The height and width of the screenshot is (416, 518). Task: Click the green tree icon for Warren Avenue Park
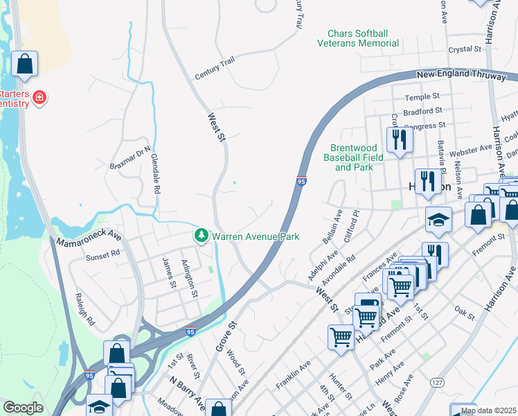[x=202, y=236]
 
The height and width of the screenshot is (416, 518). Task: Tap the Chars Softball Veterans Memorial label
[x=358, y=38]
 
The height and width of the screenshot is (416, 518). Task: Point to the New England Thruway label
[x=461, y=75]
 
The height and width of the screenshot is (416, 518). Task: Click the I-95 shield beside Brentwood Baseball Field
[x=302, y=180]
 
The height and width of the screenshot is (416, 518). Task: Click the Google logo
[x=23, y=408]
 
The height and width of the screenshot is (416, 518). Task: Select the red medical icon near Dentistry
[x=40, y=98]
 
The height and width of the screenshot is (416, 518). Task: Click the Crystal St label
[x=464, y=49]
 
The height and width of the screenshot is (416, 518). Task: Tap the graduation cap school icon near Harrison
[x=438, y=221]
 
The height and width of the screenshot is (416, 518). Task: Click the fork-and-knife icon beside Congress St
[x=399, y=139]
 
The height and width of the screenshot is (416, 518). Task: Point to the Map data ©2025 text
[x=489, y=410]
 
